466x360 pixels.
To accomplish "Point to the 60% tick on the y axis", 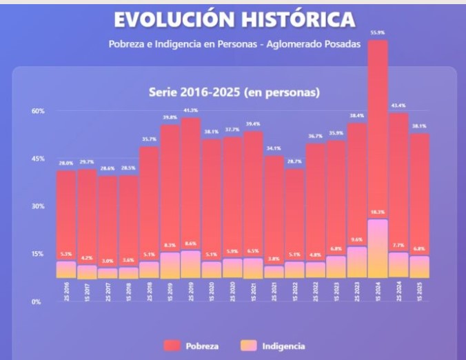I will [x=37, y=111].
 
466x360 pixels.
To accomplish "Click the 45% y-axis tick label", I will [x=37, y=159].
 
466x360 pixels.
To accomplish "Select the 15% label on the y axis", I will [x=37, y=254].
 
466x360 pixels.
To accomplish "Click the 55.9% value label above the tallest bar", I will [x=378, y=33].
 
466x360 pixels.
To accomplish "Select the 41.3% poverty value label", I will [x=191, y=110].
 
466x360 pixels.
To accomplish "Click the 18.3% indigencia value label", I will [x=378, y=212].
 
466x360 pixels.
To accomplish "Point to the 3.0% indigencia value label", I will [x=108, y=261].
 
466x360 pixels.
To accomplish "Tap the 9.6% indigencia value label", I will [x=357, y=239].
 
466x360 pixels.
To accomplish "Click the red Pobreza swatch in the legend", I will [x=172, y=346].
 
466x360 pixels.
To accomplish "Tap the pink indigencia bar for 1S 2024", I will [x=378, y=248].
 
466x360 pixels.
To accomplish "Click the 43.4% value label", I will [x=398, y=106].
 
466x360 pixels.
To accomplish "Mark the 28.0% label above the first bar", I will [x=66, y=163].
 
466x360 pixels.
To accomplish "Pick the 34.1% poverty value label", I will [x=274, y=148].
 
